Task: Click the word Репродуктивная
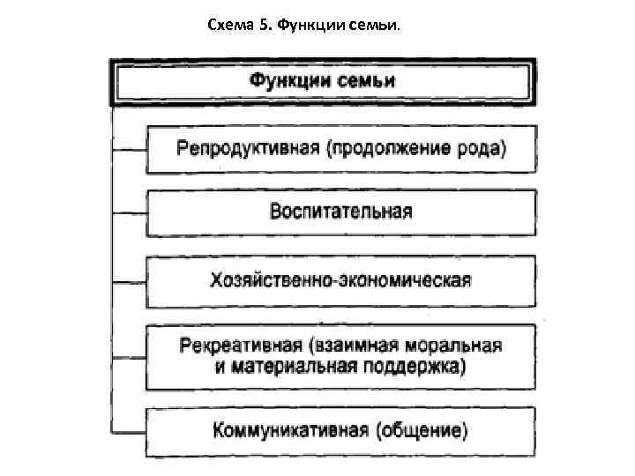pos(248,147)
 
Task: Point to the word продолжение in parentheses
pos(398,147)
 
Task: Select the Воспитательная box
pos(340,212)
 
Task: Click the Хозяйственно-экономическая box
pos(340,280)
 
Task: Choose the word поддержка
pos(411,366)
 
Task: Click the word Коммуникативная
pos(292,432)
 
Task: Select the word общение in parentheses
pos(422,432)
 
